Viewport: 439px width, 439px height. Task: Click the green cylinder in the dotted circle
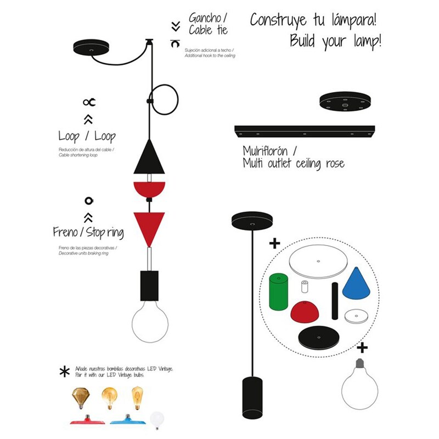pos(278,292)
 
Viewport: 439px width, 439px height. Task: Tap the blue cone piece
pos(356,283)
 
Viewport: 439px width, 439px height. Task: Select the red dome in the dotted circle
pos(305,312)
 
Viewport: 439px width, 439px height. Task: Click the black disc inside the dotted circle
pos(319,338)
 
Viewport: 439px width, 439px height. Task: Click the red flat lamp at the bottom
pos(87,420)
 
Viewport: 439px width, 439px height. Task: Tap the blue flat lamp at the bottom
pos(128,420)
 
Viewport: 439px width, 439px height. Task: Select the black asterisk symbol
pos(65,372)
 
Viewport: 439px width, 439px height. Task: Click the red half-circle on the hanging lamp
pos(149,189)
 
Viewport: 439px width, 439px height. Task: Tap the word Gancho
pos(205,18)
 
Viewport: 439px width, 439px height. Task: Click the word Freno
pos(65,232)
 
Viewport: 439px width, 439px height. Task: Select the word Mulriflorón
pos(265,151)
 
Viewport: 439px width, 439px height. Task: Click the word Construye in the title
pos(278,21)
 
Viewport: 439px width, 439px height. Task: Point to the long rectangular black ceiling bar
pos(305,132)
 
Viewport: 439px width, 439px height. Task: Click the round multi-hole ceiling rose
pos(345,101)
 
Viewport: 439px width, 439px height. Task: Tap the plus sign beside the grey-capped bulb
pos(362,348)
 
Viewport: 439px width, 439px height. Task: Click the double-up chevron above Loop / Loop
pos(88,119)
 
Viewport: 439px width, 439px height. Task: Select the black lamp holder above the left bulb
pos(149,285)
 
